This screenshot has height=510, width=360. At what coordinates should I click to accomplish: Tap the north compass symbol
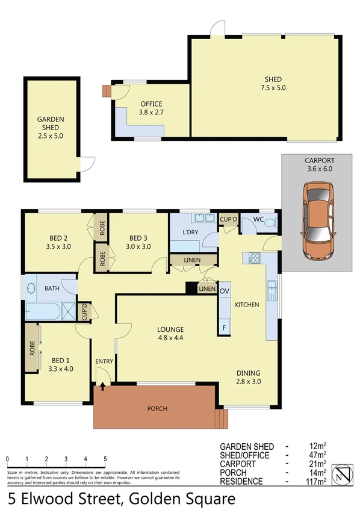click(x=343, y=472)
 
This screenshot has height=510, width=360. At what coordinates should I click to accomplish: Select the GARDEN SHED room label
click(x=50, y=128)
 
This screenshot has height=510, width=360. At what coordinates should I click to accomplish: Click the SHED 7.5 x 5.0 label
click(x=273, y=83)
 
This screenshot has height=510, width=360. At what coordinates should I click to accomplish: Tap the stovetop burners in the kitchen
click(x=253, y=259)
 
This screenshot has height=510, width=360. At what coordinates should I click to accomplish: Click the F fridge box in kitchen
click(x=224, y=328)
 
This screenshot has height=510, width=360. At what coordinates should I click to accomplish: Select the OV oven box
click(x=225, y=291)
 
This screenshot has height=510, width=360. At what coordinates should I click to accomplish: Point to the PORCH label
click(x=157, y=408)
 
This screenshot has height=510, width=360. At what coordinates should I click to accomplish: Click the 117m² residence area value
click(x=317, y=480)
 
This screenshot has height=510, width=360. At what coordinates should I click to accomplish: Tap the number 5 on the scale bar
click(x=105, y=459)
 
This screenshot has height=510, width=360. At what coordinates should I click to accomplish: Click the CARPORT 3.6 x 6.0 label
click(x=319, y=164)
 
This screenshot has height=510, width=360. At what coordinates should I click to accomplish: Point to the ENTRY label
click(x=104, y=361)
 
